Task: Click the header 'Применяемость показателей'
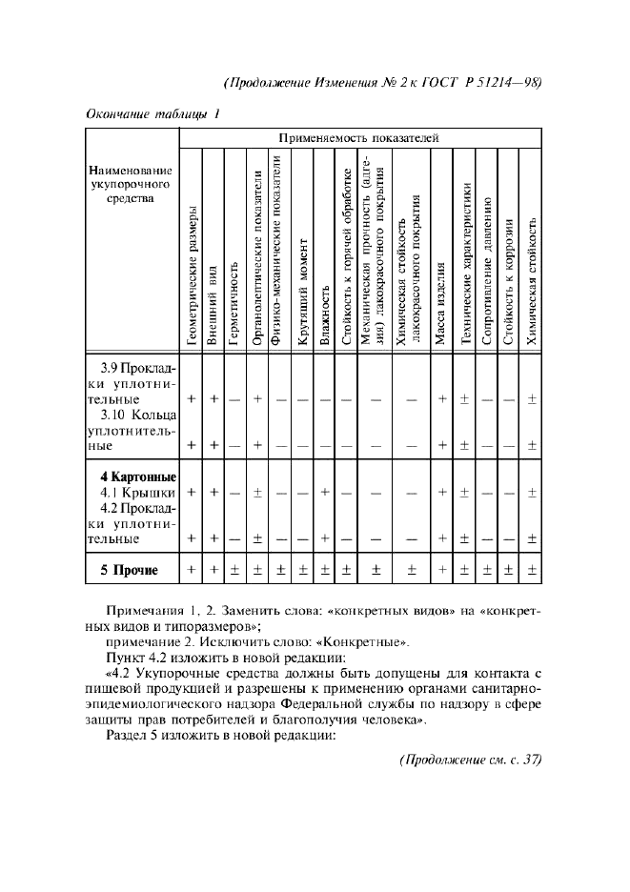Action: click(x=358, y=138)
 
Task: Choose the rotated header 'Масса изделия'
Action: click(x=440, y=309)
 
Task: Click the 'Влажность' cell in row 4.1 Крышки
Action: click(x=325, y=492)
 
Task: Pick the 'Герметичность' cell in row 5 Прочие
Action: click(x=234, y=571)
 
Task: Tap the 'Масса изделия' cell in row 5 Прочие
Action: click(x=441, y=571)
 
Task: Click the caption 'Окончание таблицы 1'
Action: click(x=152, y=115)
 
